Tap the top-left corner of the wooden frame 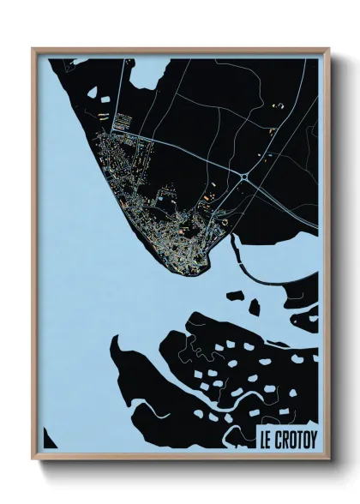point(33,50)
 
